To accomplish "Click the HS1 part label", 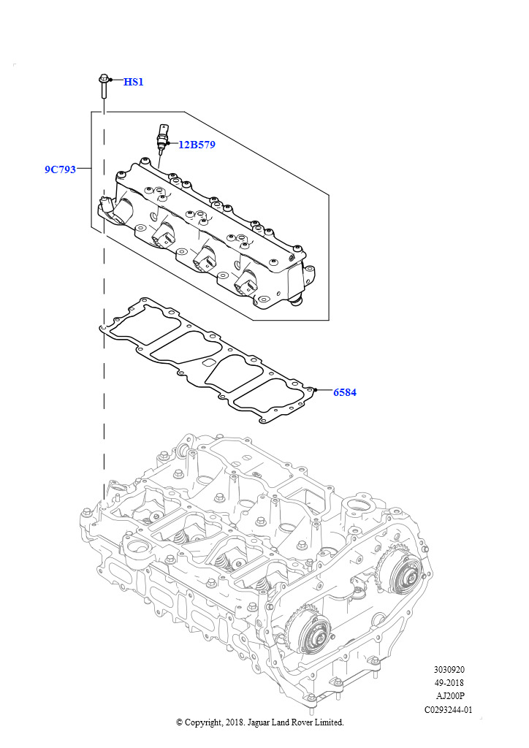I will [133, 82].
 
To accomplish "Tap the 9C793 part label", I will [60, 169].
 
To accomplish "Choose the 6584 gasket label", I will [344, 392].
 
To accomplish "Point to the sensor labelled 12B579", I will [162, 139].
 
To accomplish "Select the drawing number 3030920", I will [449, 669].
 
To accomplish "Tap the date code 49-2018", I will [449, 683].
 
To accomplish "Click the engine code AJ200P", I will [449, 696].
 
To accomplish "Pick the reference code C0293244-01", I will [449, 709].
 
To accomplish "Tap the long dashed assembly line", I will [104, 365].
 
